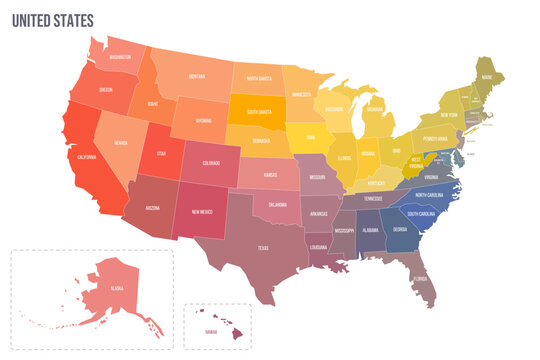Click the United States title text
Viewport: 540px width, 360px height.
click(52, 20)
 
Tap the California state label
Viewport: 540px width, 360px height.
click(83, 157)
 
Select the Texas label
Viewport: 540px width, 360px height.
click(263, 247)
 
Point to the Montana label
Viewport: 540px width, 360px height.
click(196, 77)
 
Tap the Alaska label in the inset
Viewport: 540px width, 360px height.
click(117, 288)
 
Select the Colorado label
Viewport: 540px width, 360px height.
click(210, 162)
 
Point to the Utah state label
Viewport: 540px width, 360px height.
click(161, 154)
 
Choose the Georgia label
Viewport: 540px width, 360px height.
click(400, 229)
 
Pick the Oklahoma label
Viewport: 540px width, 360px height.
click(279, 205)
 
